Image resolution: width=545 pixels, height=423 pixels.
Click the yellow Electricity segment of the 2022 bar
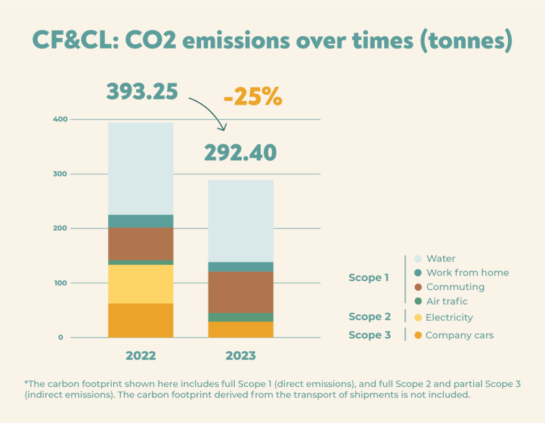[x=141, y=284]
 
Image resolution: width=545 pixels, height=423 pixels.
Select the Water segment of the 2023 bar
[x=240, y=221]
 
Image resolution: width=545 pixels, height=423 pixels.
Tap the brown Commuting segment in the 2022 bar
[x=141, y=244]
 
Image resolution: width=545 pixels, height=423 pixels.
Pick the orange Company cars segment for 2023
[x=240, y=330]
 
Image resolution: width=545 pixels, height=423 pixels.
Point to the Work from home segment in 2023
[x=240, y=267]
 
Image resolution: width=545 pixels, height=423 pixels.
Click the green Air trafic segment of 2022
[x=141, y=263]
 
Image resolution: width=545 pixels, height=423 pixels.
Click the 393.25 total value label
[x=142, y=92]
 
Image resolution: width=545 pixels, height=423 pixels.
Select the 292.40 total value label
[x=241, y=153]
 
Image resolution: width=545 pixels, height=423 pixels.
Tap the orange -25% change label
[x=252, y=99]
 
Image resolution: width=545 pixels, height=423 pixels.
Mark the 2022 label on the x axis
[x=141, y=355]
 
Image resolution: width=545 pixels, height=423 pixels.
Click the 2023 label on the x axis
[x=240, y=355]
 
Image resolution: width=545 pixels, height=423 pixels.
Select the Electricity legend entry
[x=449, y=318]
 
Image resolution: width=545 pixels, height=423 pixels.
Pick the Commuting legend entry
[x=455, y=287]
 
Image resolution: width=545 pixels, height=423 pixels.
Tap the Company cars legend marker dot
[x=418, y=336]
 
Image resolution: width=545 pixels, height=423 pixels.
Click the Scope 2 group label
[x=369, y=316]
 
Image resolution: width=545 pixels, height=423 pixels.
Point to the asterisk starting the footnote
[x=26, y=383]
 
